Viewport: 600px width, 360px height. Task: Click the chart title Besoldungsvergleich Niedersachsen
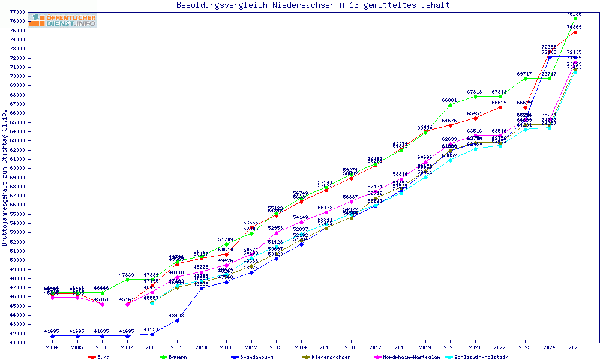point(313,5)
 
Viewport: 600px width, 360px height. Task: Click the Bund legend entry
point(103,357)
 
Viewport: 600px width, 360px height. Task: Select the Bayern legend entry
point(178,357)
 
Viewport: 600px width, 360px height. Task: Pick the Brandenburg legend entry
point(256,357)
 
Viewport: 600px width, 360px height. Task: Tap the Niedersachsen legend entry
point(331,357)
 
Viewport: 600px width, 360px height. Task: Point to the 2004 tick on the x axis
point(52,347)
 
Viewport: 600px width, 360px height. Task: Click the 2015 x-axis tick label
point(326,347)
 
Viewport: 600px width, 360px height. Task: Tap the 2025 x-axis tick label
point(575,347)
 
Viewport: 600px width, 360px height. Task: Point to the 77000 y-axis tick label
point(17,12)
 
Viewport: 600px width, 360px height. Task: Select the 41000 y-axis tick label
point(17,343)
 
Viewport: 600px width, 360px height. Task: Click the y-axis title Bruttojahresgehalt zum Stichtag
point(5,178)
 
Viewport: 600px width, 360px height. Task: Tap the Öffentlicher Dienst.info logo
point(62,20)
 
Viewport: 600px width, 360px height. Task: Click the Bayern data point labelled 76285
point(575,19)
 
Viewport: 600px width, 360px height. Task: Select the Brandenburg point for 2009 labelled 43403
point(176,320)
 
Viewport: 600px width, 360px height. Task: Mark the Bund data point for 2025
point(575,32)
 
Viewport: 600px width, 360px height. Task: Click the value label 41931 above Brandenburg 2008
point(152,329)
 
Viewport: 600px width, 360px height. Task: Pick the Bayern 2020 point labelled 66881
point(450,105)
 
